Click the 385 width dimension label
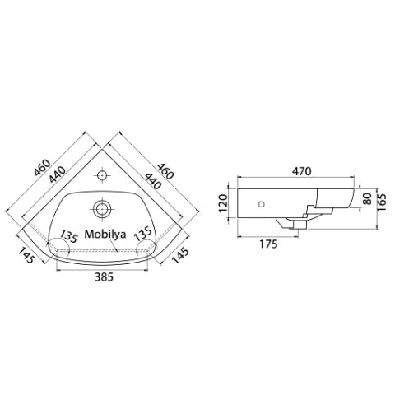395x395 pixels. tap(104, 277)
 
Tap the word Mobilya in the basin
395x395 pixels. tap(105, 234)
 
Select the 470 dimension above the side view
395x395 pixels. tap(302, 171)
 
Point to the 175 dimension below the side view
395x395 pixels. tap(269, 244)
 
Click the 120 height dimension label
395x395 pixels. tap(224, 203)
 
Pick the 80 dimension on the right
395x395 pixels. tap(367, 198)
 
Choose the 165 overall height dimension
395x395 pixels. tap(382, 202)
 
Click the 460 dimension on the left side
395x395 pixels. tap(42, 167)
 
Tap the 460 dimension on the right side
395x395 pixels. tap(165, 171)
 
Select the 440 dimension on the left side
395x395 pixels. tap(58, 174)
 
